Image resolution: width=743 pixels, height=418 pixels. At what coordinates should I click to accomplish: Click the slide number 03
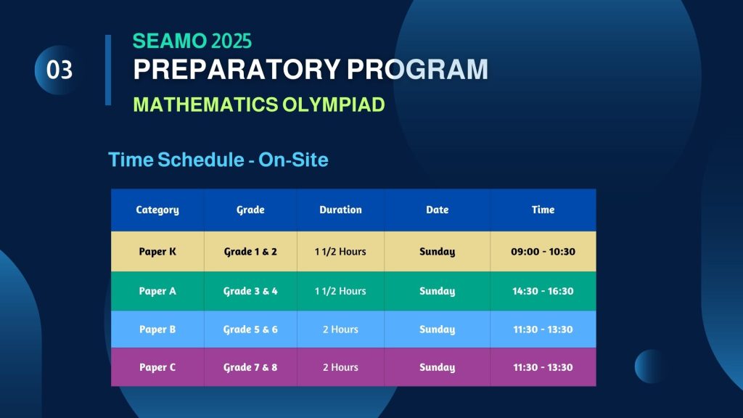pos(59,70)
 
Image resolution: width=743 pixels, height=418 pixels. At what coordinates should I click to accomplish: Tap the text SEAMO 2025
pos(192,41)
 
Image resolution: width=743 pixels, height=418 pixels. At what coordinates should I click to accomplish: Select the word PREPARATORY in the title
pos(237,69)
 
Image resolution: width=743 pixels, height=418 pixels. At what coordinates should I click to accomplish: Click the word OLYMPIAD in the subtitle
pos(334,104)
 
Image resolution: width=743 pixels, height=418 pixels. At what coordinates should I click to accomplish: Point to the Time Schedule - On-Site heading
pos(218,160)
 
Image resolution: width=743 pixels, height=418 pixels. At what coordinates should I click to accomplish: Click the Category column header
pos(157,210)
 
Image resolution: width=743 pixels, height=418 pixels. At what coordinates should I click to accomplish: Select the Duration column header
pos(340,210)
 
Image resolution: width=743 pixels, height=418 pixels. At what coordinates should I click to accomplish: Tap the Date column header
pos(437,210)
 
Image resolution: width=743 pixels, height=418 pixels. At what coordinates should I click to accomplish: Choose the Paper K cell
pos(157,252)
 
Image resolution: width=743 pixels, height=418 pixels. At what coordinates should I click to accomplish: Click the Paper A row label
pos(157,291)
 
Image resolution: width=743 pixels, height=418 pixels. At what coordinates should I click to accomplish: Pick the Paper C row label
pos(157,367)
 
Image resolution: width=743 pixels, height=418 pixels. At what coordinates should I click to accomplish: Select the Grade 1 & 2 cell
pos(250,252)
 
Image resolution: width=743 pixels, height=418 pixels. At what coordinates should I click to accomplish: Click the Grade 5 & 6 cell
pos(250,329)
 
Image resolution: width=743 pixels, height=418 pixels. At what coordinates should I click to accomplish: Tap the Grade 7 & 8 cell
pos(250,367)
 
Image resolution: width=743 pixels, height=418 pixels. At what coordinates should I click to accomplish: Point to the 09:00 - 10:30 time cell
pos(543,252)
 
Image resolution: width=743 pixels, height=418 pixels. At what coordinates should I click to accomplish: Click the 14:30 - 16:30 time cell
pos(543,291)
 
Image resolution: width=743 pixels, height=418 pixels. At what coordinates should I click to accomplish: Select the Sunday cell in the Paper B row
pos(437,329)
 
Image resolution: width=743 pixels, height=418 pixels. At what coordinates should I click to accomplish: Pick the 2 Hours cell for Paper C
pos(340,367)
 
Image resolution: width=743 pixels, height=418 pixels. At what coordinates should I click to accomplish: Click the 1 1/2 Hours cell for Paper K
pos(340,252)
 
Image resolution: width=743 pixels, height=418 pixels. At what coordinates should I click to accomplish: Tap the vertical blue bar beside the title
pos(108,70)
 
